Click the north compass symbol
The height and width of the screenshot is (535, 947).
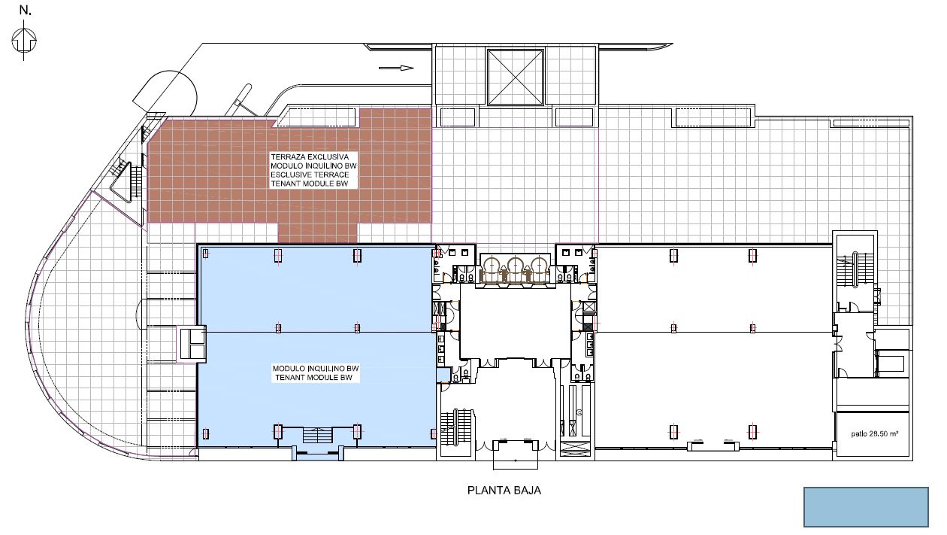point(24,41)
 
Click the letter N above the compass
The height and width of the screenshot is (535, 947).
point(26,11)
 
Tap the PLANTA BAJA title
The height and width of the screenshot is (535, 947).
point(504,490)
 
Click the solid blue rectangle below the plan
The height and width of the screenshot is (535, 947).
point(866,507)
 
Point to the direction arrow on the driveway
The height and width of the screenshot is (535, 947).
point(396,68)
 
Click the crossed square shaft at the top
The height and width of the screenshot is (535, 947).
point(516,77)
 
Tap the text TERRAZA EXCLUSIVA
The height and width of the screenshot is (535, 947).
point(310,157)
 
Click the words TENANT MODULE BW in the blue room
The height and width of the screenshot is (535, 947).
point(313,378)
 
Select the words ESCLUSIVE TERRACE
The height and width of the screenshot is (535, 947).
point(310,175)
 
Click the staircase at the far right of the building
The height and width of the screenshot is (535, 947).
point(855,270)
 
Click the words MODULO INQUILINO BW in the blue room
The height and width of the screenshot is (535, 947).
point(316,369)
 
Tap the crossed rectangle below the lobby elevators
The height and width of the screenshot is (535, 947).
point(574,448)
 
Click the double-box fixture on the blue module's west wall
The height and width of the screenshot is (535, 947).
point(191,344)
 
